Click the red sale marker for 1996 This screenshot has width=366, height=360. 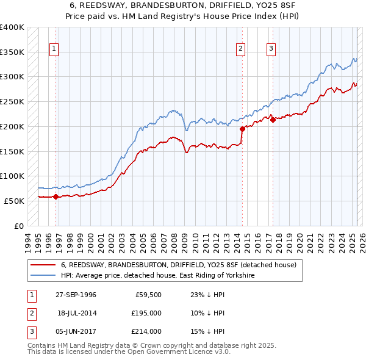(x=56, y=196)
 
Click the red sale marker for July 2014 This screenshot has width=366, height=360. (x=242, y=129)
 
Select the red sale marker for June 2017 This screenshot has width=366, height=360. (x=273, y=120)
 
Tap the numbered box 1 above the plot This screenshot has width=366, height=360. (x=54, y=50)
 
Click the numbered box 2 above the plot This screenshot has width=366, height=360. (x=241, y=50)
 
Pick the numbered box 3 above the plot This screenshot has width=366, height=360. (x=271, y=50)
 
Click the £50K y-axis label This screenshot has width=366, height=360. (x=15, y=201)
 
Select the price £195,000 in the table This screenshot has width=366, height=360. (x=147, y=313)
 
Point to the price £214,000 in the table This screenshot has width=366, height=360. (x=147, y=331)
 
